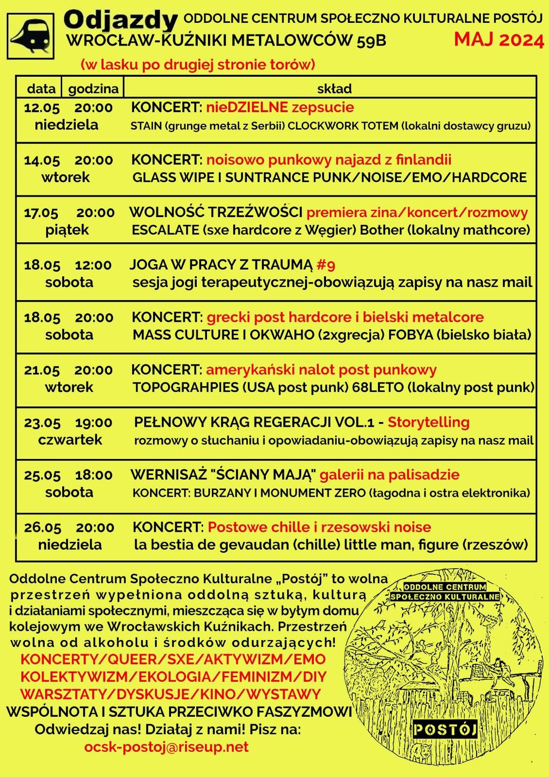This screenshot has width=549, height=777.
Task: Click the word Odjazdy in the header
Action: coord(120,20)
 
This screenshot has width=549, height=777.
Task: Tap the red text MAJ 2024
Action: coord(499,39)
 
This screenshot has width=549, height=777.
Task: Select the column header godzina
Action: coord(93,88)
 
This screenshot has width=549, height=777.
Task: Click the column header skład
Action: coord(334,88)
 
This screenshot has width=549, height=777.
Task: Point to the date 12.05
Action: coord(42,108)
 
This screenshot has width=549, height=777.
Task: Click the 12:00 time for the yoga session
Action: coord(93,265)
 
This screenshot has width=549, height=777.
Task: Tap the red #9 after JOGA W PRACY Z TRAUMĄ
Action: coord(326,265)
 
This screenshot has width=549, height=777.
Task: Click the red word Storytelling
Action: coord(429,422)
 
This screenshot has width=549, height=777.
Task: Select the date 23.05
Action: coord(42,422)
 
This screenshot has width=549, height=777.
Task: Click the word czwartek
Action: coord(70,439)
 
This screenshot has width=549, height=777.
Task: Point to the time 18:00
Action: coord(94,475)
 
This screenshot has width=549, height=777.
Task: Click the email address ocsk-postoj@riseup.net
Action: coord(166,747)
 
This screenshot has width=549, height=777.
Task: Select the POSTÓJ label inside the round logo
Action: coord(445,729)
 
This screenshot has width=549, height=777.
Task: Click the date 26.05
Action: coord(43,527)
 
